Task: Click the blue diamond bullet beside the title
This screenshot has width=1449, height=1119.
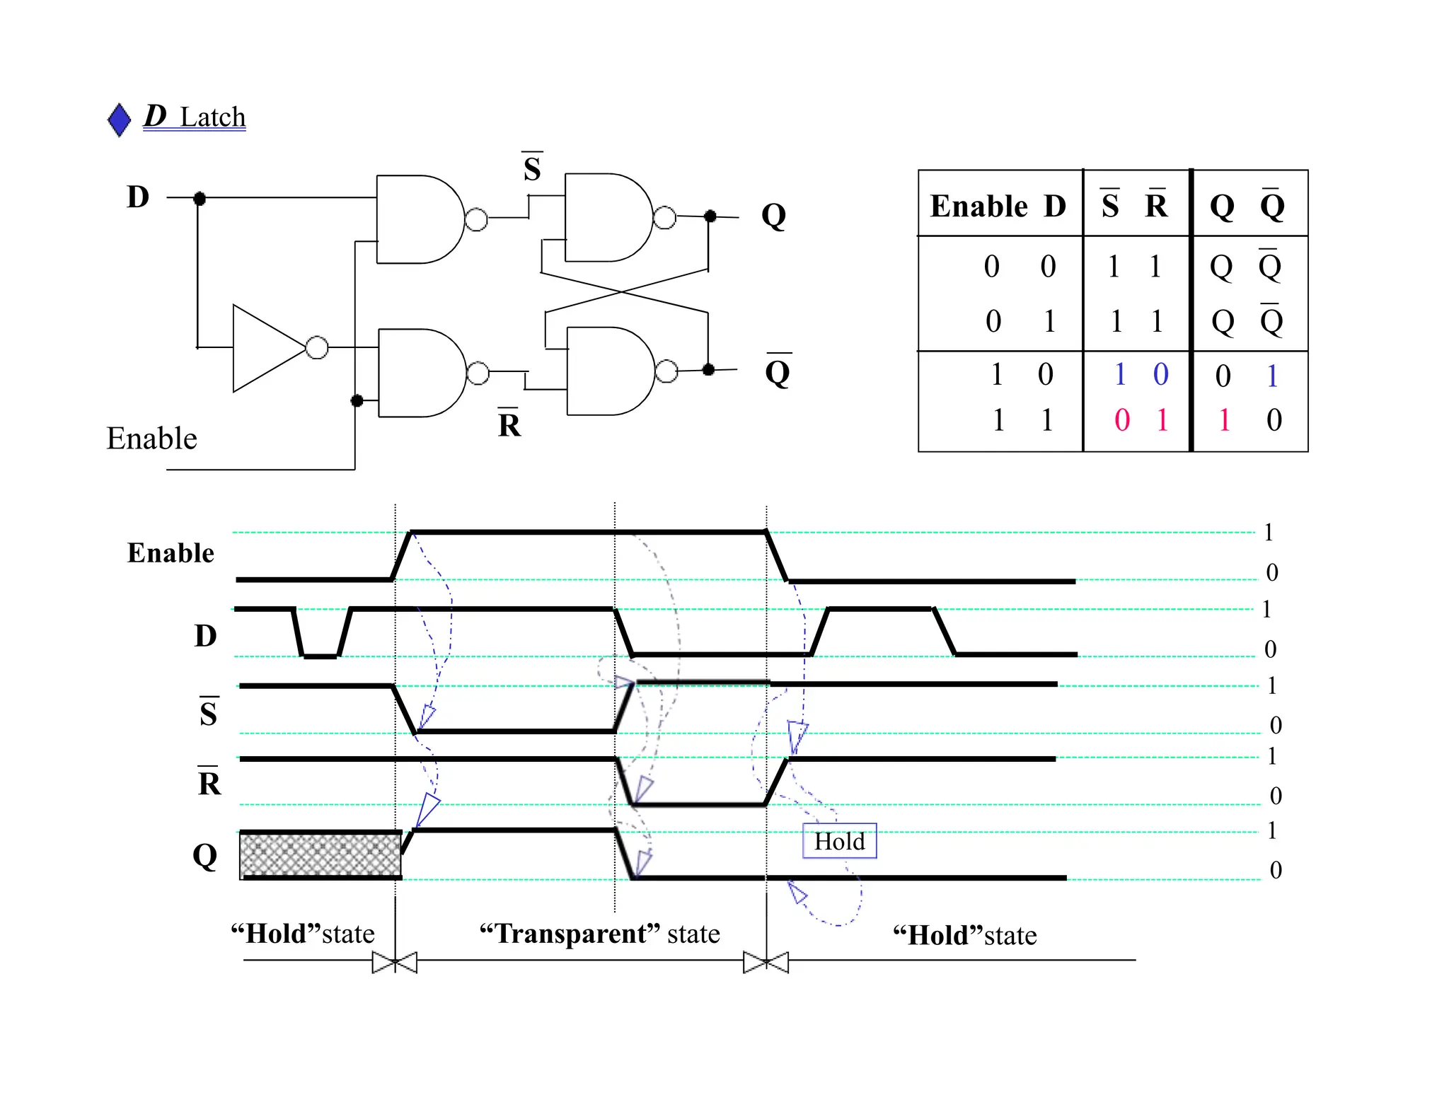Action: coord(120,120)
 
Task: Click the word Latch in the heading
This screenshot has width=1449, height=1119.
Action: coord(212,117)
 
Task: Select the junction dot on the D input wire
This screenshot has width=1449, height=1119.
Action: coord(200,198)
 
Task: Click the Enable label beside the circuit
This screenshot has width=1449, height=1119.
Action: coord(151,439)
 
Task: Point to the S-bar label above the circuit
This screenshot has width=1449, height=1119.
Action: coord(532,168)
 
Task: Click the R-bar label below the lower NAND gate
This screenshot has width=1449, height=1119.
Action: coord(509,424)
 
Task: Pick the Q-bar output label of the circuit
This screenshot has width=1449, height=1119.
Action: coord(778,371)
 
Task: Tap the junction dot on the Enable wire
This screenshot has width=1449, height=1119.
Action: coord(357,401)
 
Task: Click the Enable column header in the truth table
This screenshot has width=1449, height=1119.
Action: coord(978,207)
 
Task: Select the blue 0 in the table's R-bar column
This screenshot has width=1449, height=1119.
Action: coord(1160,374)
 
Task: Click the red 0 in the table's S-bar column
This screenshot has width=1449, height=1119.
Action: coord(1121,420)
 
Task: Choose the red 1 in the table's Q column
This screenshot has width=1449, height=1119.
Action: coord(1224,420)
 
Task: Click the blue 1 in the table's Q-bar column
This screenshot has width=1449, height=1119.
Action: coord(1272,376)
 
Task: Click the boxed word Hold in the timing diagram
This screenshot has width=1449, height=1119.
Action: coord(839,841)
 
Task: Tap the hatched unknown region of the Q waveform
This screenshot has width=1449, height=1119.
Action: coord(320,854)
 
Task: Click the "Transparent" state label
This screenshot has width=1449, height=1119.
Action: coord(599,934)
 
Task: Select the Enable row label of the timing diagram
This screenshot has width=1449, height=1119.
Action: coord(171,553)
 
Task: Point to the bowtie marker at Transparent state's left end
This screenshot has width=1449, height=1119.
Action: coord(395,962)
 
